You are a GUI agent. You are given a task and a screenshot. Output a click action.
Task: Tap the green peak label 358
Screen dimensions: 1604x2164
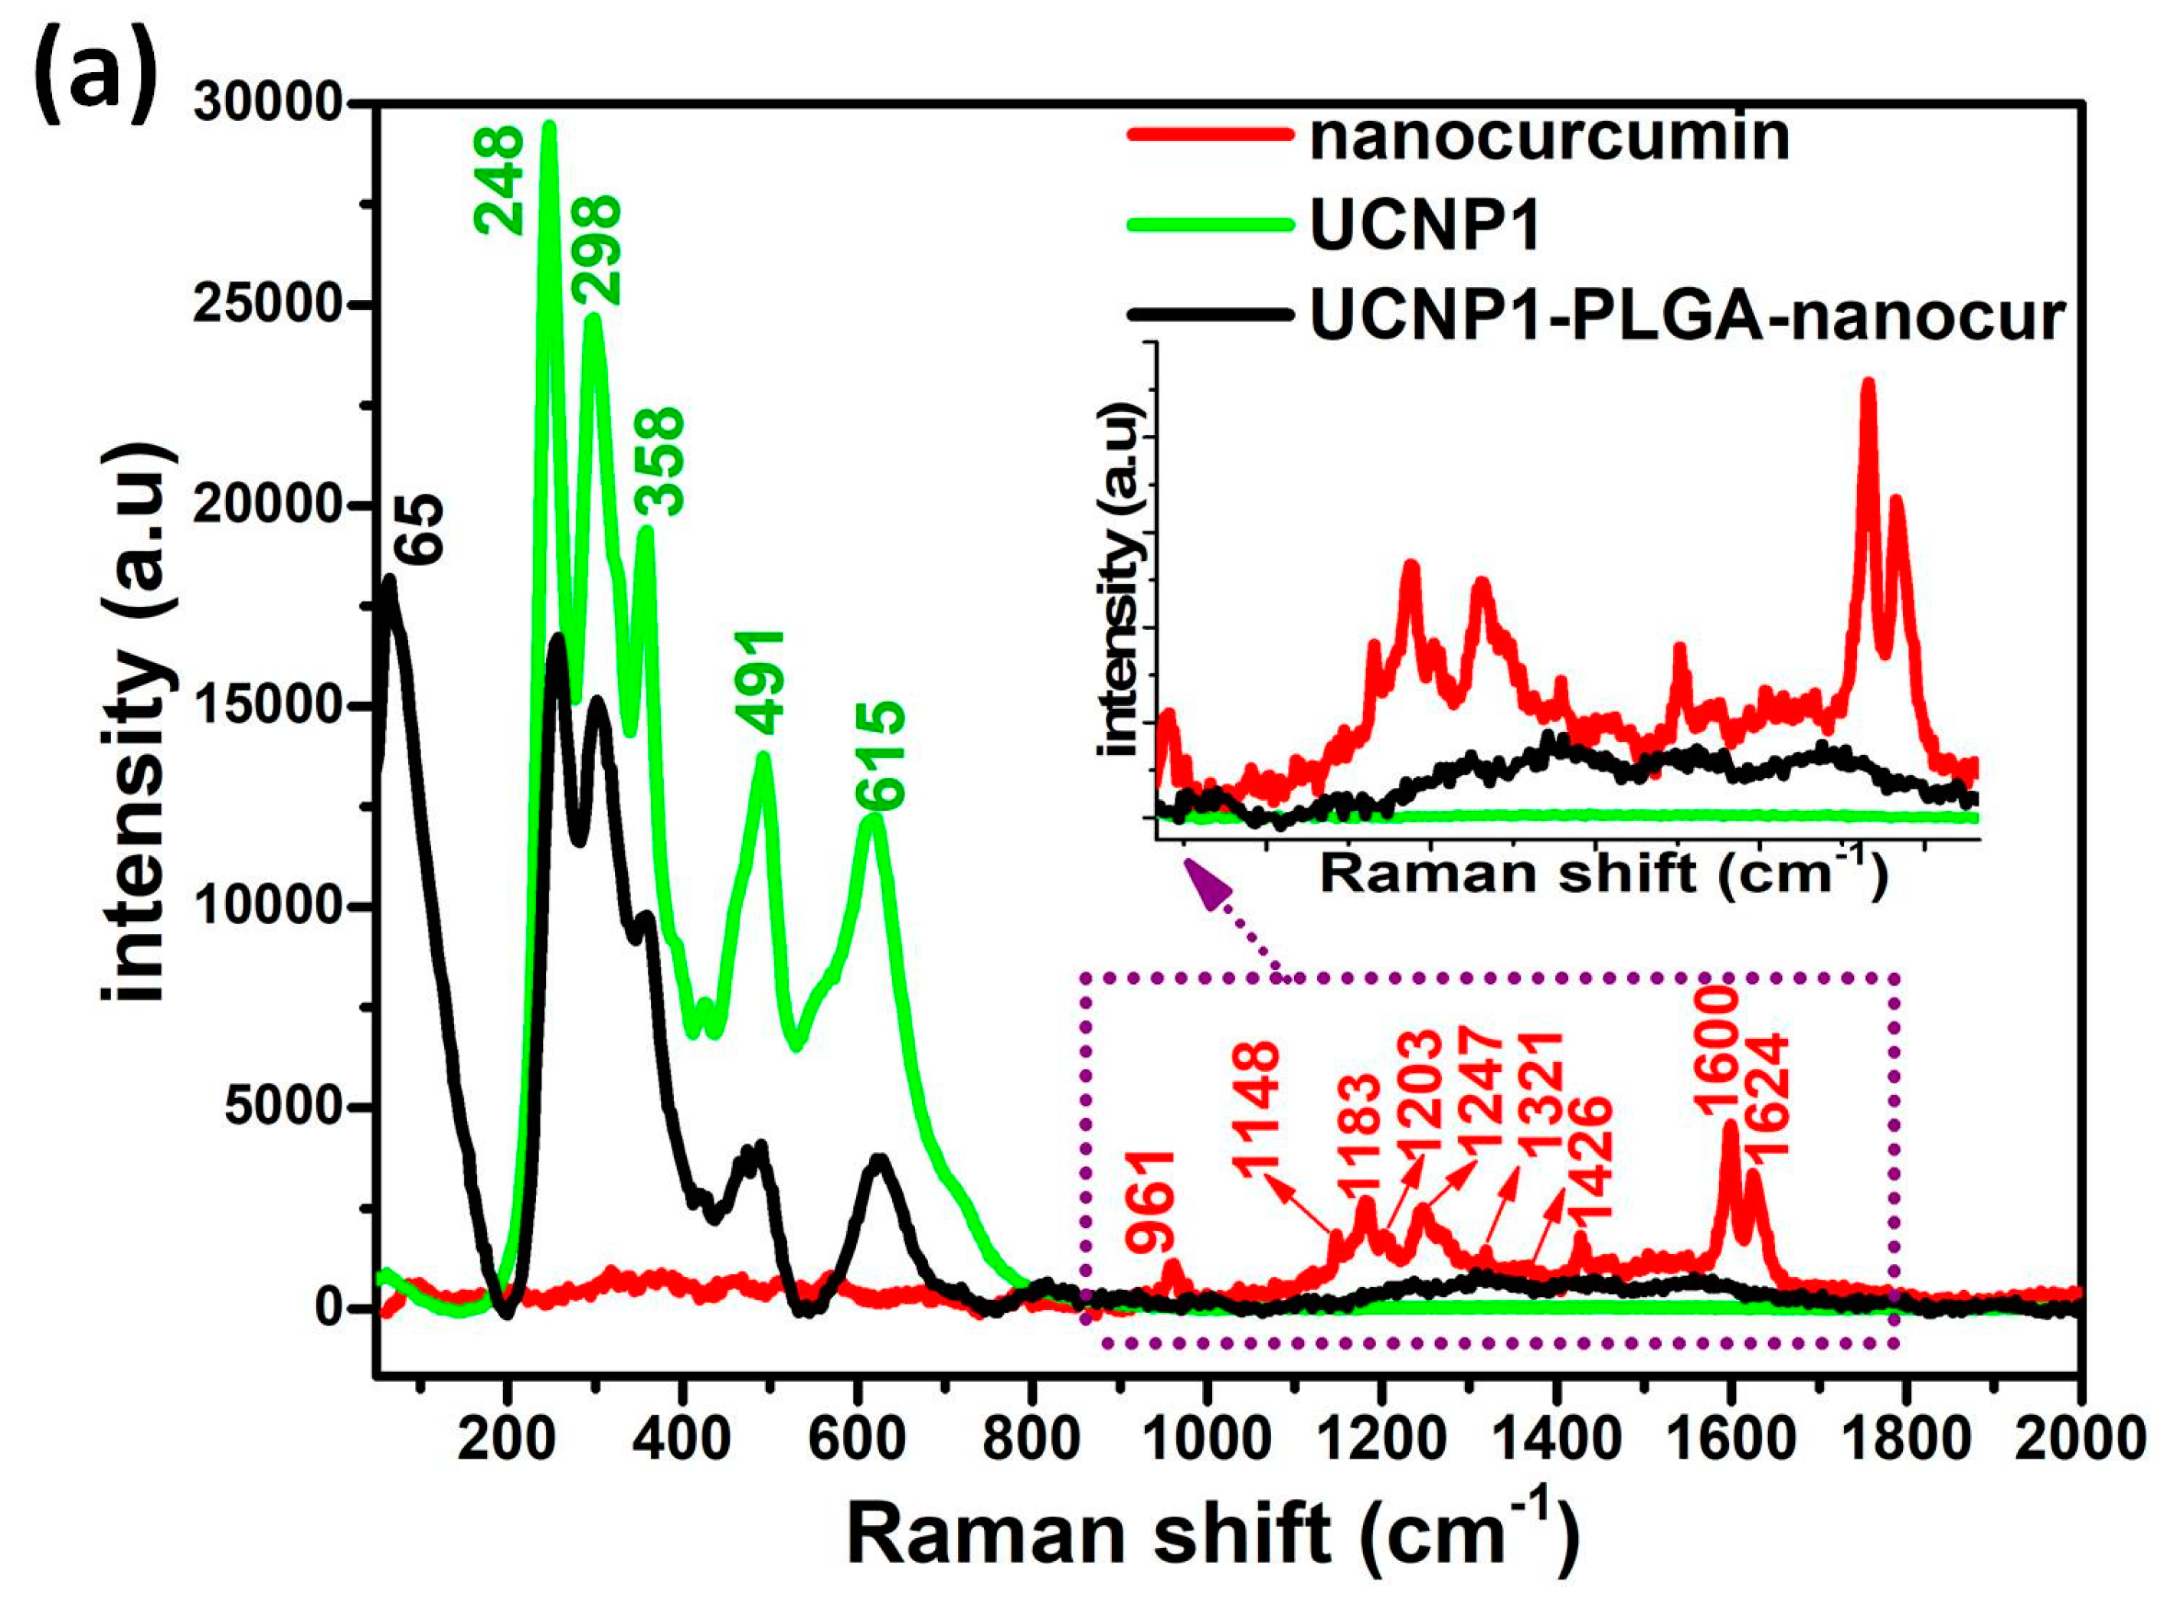(x=660, y=461)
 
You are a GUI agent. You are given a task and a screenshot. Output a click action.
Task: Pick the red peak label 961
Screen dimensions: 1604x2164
(x=1152, y=1202)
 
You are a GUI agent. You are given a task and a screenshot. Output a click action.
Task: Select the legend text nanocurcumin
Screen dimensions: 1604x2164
(x=1549, y=136)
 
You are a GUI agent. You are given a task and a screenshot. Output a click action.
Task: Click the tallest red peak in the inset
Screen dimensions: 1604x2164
(x=1867, y=384)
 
